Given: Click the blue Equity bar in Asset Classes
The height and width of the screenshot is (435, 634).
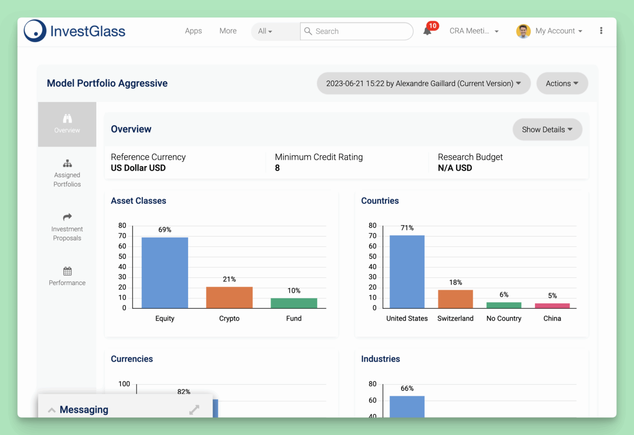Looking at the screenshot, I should tap(164, 272).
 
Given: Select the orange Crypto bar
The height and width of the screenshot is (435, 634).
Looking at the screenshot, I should tap(229, 297).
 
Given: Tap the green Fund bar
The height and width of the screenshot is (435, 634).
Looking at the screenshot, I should tap(294, 303).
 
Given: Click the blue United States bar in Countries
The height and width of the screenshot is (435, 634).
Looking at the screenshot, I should tap(407, 272).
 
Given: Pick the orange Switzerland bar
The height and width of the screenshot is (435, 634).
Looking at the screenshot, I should tap(455, 299).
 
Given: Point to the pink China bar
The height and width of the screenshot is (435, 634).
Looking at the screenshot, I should tap(552, 306).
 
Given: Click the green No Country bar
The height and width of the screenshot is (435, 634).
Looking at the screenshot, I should tap(504, 305).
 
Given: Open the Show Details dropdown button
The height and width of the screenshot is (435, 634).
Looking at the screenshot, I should tap(547, 130).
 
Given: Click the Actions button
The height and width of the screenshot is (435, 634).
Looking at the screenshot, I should tap(562, 83).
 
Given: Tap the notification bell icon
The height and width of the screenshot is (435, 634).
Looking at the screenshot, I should tap(427, 31).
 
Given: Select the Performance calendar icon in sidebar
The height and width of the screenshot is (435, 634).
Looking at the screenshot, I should tap(67, 271).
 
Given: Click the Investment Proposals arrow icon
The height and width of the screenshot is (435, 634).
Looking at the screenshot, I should tap(67, 217).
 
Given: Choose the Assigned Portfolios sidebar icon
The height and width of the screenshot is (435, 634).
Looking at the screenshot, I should tap(67, 163).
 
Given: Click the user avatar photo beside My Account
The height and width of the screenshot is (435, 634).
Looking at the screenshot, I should tap(523, 31).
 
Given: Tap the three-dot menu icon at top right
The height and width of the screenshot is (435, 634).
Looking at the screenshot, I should tap(601, 31).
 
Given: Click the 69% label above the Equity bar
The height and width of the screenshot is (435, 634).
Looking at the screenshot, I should tap(165, 230).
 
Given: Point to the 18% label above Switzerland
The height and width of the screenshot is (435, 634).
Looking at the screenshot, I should tap(455, 282).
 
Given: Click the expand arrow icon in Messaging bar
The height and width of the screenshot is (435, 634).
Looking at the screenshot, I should tap(194, 410).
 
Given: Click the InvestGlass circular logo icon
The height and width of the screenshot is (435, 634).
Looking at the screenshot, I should tap(35, 31).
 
